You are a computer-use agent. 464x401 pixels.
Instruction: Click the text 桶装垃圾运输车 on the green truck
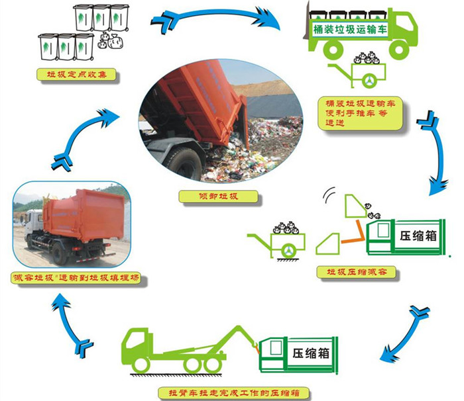pos(349,29)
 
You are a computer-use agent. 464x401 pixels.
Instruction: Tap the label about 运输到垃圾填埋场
pos(78,279)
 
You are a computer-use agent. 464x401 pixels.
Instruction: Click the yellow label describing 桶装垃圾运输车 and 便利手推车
pos(355,114)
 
